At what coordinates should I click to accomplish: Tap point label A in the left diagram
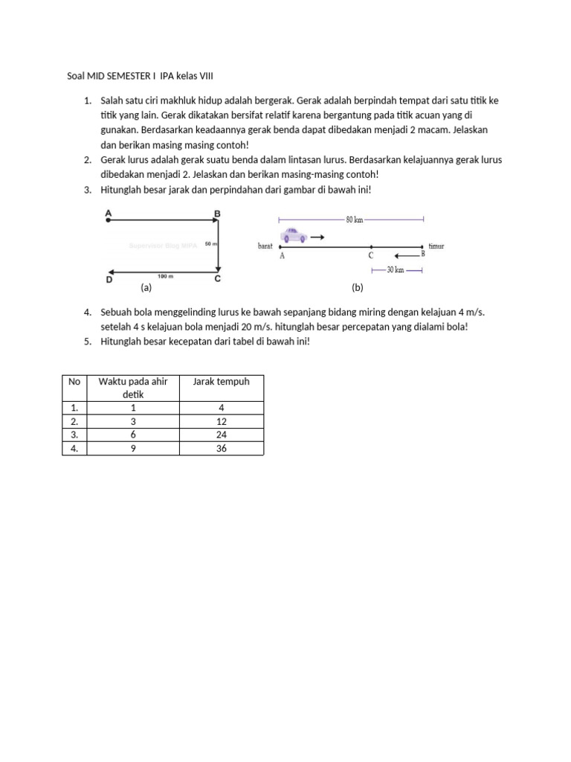[109, 214]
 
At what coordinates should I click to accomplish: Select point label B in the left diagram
[217, 214]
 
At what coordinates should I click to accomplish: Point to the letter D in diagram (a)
[109, 280]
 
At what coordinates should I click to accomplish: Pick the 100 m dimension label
[165, 276]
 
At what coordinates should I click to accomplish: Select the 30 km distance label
[395, 270]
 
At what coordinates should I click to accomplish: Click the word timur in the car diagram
[436, 246]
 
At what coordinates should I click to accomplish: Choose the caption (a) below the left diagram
[146, 286]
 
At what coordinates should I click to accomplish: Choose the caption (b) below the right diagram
[357, 286]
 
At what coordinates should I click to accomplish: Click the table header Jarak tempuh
[222, 382]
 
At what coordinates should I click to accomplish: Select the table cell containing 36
[222, 448]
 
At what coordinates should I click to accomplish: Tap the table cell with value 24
[222, 435]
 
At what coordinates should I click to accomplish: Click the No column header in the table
[74, 382]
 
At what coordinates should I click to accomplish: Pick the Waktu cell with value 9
[133, 448]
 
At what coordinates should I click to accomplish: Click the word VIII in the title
[213, 76]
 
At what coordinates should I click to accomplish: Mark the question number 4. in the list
[87, 313]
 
